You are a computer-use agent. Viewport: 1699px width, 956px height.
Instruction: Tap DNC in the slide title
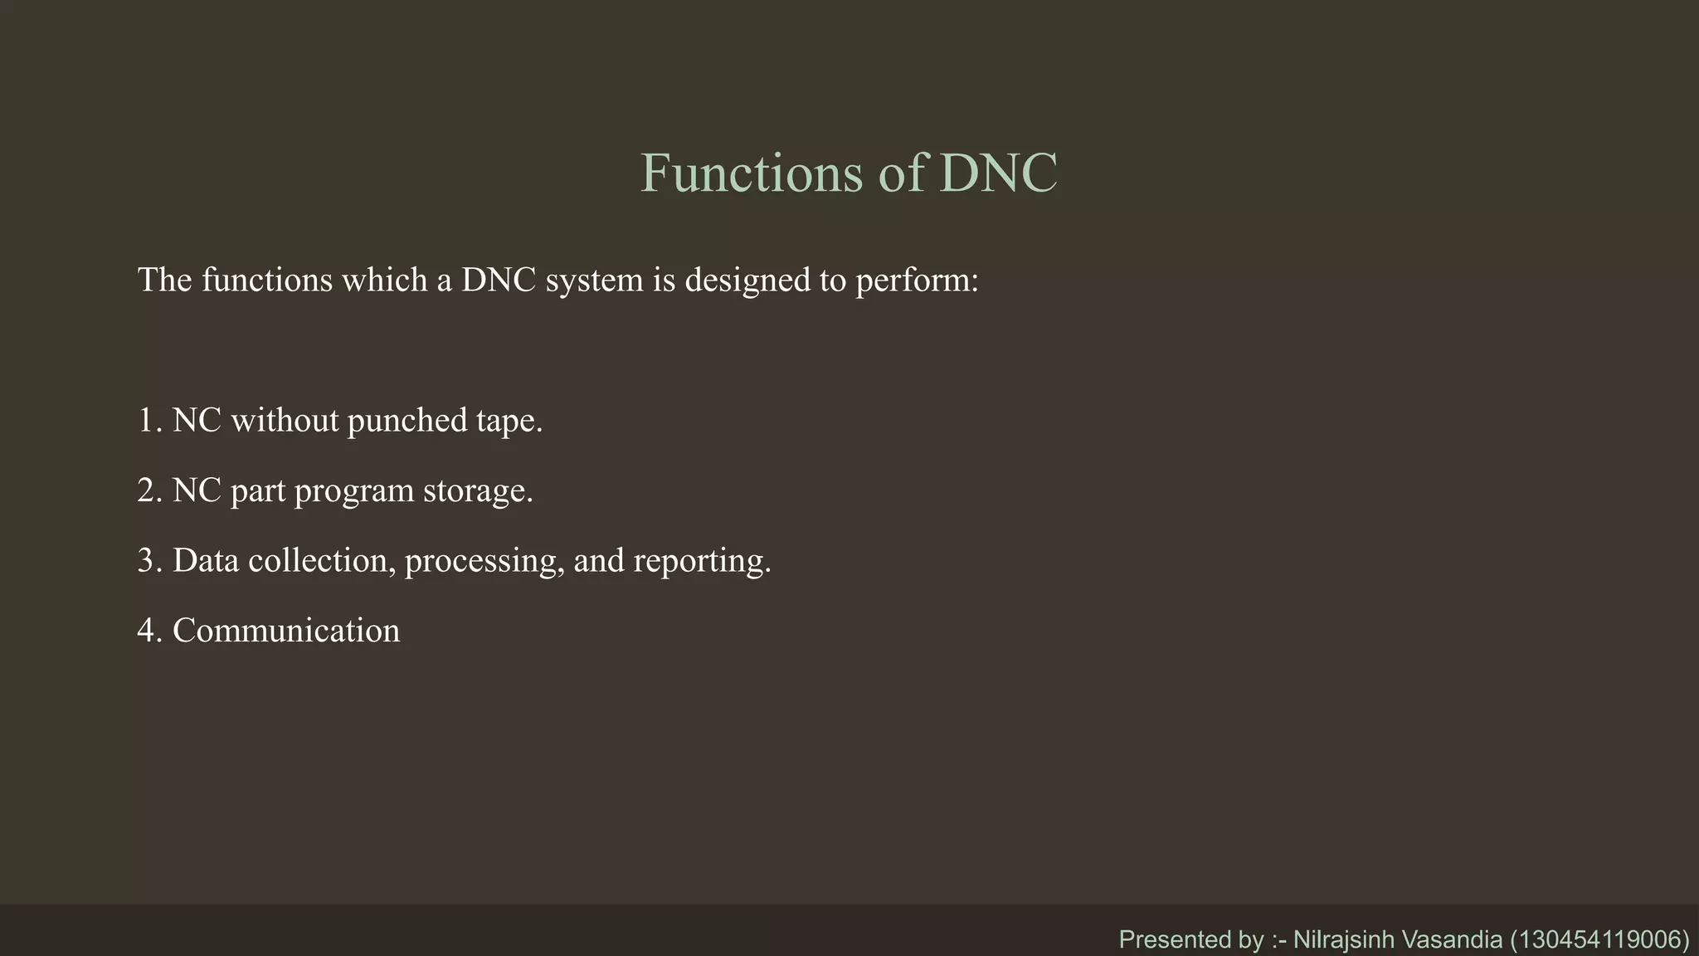coord(999,173)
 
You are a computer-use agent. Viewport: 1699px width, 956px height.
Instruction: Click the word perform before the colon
coord(912,280)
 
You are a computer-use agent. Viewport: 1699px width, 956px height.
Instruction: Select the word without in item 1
coord(284,421)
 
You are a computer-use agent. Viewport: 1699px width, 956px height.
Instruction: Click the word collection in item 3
coord(320,561)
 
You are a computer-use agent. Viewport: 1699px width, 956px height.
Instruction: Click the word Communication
coord(286,631)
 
